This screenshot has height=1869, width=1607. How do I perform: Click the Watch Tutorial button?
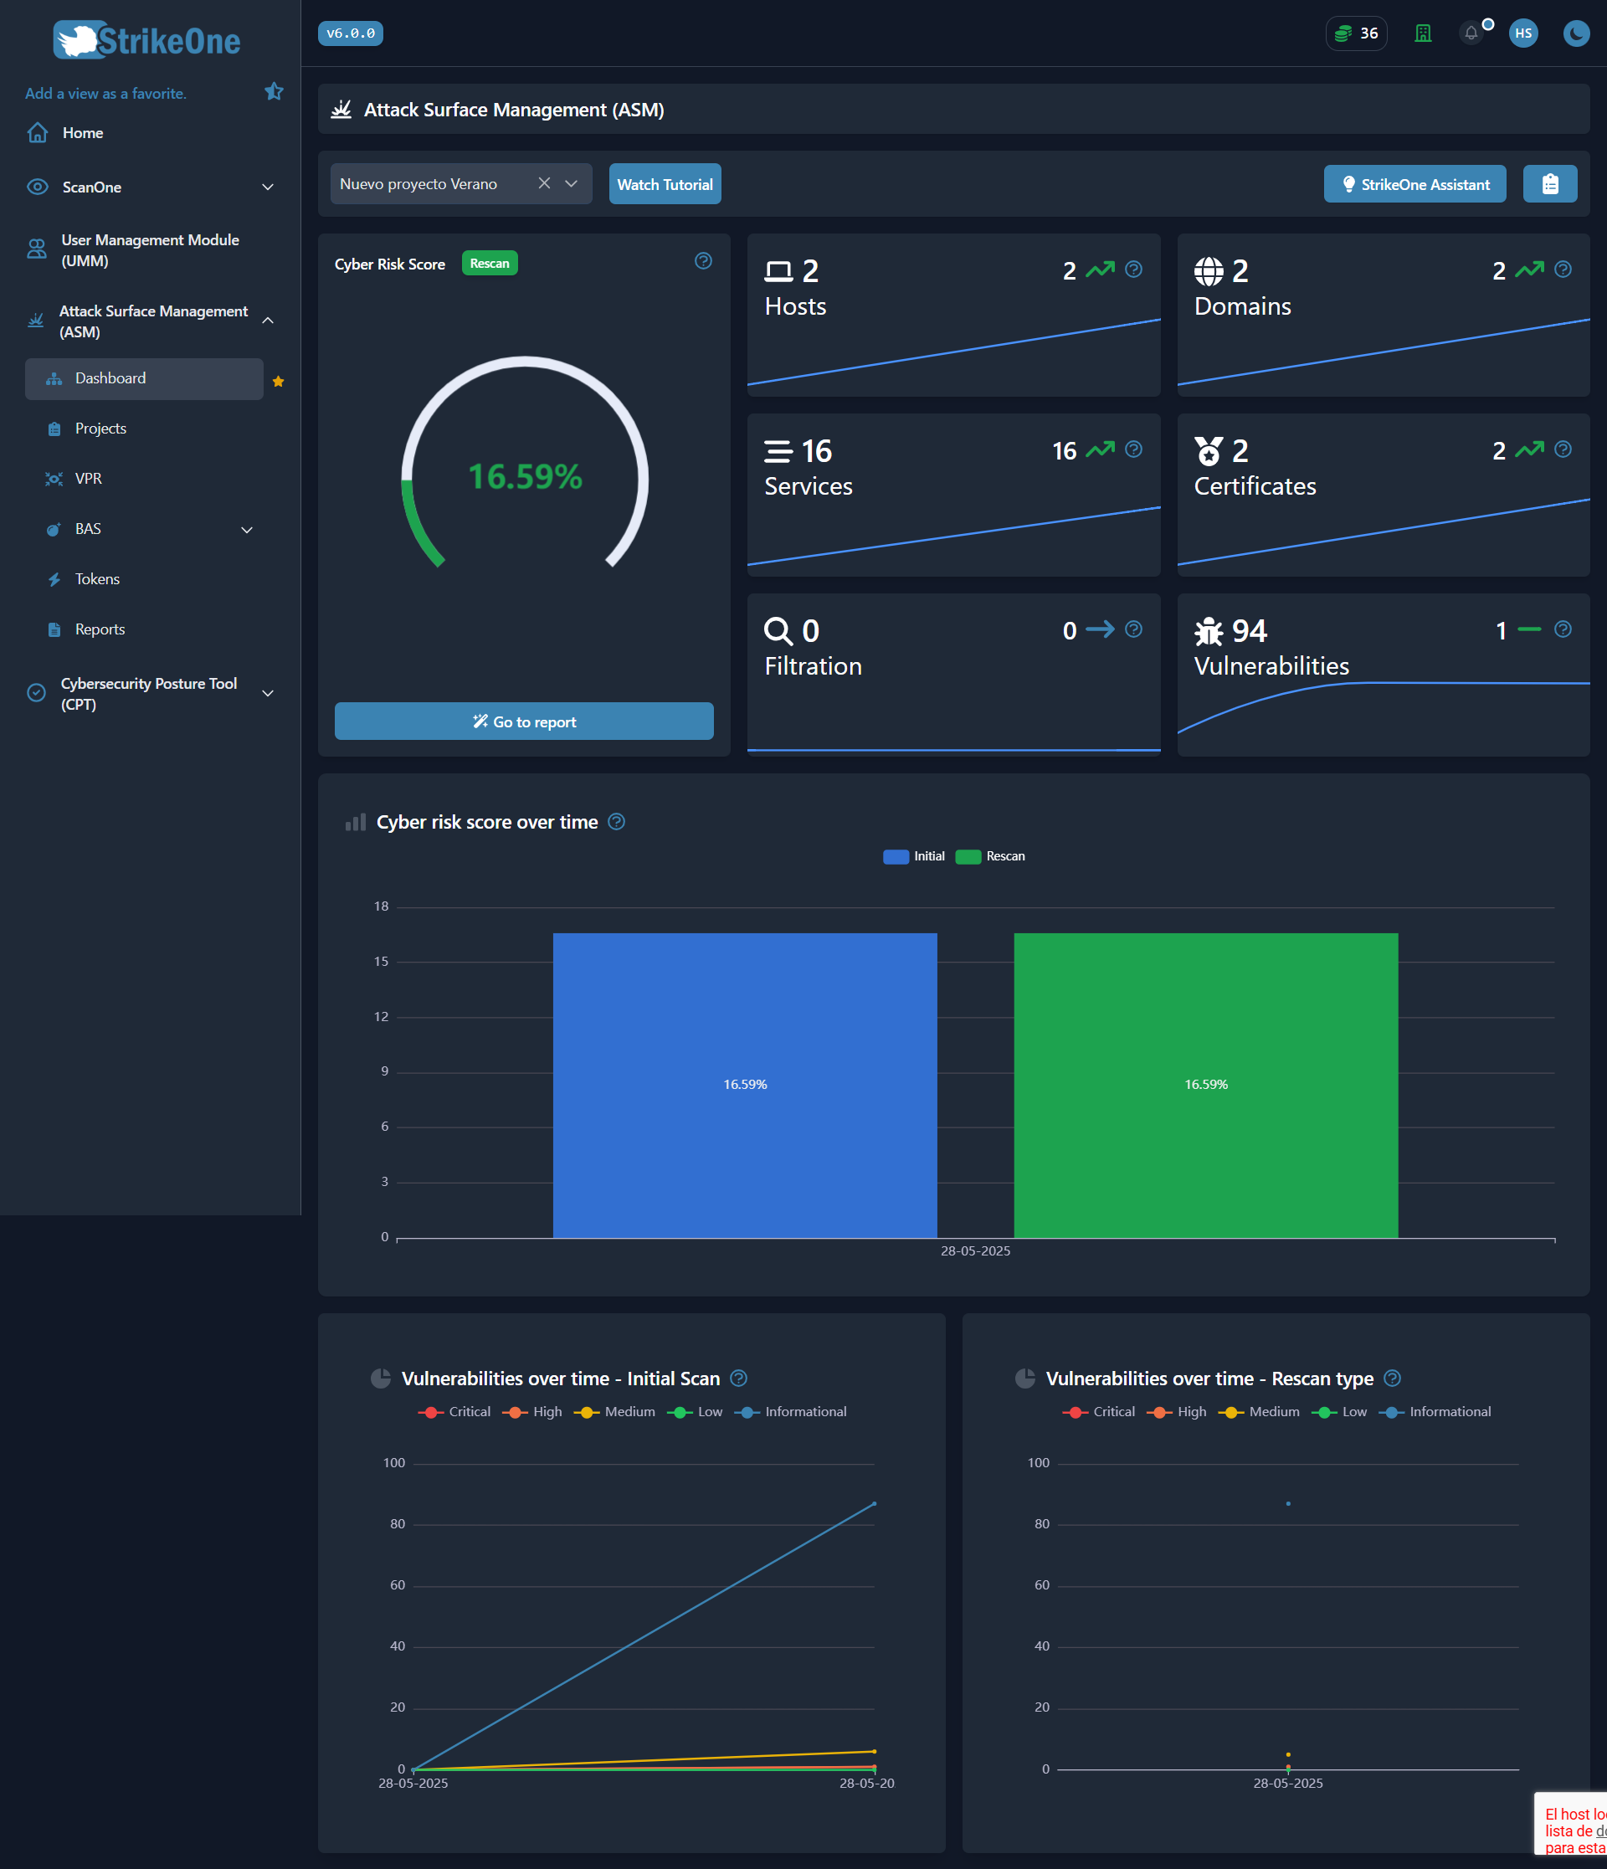(x=665, y=184)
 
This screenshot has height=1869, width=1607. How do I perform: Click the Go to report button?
(x=524, y=721)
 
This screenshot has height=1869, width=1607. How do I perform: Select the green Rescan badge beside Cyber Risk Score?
(x=489, y=264)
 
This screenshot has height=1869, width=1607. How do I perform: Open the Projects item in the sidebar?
(x=100, y=429)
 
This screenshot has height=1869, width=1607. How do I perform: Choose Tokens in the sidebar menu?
(x=96, y=579)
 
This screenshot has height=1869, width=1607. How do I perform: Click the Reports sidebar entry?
(x=100, y=629)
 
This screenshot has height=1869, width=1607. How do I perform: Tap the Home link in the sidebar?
(x=82, y=132)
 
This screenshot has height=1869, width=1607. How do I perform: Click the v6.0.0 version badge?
(x=350, y=33)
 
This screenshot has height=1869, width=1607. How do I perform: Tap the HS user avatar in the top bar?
(x=1522, y=33)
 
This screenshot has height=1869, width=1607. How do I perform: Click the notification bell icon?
(x=1471, y=33)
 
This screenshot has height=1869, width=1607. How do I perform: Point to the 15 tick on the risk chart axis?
(x=382, y=962)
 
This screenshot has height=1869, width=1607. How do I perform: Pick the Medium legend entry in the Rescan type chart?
(x=1260, y=1412)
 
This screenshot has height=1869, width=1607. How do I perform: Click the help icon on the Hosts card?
(x=1133, y=270)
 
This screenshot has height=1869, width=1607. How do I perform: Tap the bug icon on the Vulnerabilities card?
(x=1209, y=630)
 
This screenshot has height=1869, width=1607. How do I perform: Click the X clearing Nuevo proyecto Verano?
(x=544, y=183)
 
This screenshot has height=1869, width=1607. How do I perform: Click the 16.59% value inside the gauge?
(x=525, y=476)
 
